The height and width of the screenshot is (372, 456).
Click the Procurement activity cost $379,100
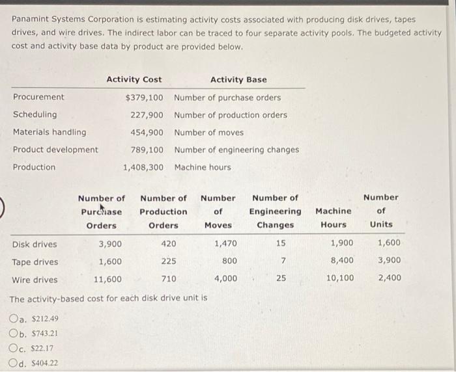[x=144, y=98]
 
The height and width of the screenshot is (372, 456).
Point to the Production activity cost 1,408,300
[x=143, y=167]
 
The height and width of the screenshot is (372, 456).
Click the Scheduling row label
[x=35, y=114]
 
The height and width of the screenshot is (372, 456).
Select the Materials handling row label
[x=50, y=132]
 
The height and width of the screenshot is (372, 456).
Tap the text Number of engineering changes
[x=236, y=150]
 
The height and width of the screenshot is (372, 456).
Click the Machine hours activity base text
[x=203, y=167]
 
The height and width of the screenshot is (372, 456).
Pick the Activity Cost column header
[x=134, y=79]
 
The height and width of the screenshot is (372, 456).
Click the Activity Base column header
[x=238, y=79]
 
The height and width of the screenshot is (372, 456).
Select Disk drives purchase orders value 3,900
[x=109, y=245]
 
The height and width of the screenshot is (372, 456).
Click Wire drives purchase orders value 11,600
[x=107, y=280]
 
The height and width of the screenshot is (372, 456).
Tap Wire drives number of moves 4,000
[x=226, y=280]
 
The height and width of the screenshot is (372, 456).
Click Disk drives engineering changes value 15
[x=280, y=245]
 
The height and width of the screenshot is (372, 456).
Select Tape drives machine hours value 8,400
[x=342, y=261]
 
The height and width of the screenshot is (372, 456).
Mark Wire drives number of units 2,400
[x=389, y=278]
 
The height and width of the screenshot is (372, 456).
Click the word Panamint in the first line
[x=32, y=20]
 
